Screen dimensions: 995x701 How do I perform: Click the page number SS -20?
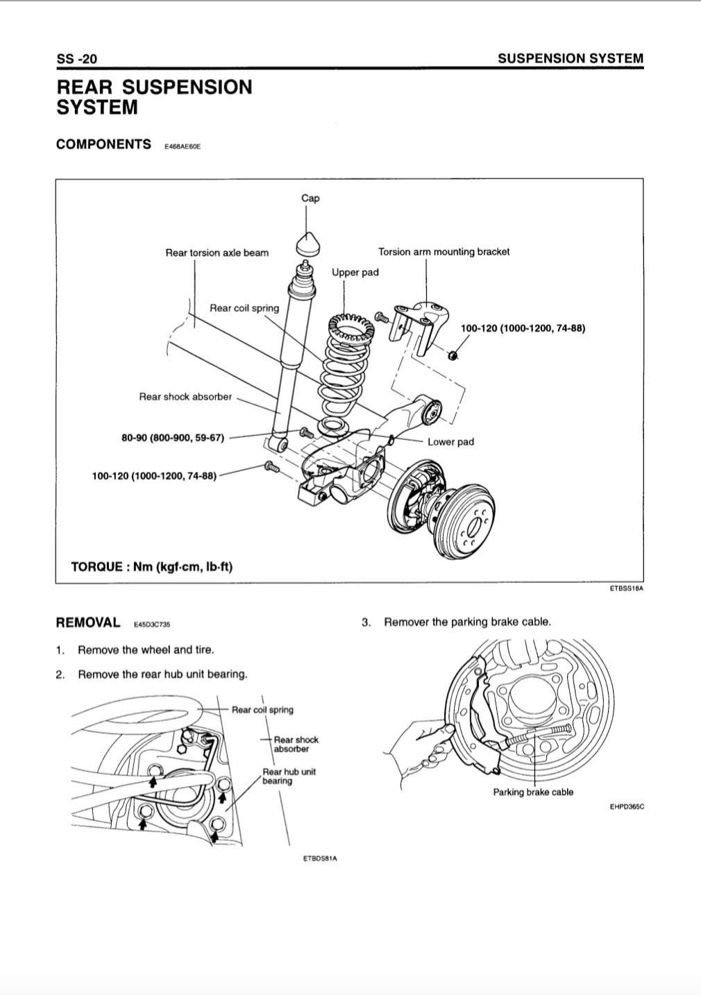click(76, 59)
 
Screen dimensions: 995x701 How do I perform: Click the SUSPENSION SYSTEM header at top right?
click(570, 59)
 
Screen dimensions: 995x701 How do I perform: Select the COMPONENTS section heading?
click(103, 144)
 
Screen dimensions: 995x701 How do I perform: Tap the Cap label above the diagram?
click(310, 198)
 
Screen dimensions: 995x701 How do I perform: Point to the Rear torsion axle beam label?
click(217, 253)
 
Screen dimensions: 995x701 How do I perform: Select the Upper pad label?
click(355, 272)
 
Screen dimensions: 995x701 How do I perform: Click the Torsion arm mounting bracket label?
click(444, 252)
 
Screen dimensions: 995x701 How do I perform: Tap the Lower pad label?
click(450, 442)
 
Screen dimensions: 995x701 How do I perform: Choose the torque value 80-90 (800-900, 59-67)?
click(173, 438)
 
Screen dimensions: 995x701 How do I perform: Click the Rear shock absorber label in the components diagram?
click(185, 397)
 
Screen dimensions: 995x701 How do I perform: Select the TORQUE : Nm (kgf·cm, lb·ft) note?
click(152, 567)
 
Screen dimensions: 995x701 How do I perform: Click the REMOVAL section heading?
click(88, 622)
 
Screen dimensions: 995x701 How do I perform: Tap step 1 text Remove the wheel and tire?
click(146, 650)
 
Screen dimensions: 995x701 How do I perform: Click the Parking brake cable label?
click(533, 792)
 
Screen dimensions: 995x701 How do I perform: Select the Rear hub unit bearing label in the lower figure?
click(289, 776)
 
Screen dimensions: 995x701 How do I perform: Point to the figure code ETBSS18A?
click(627, 589)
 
